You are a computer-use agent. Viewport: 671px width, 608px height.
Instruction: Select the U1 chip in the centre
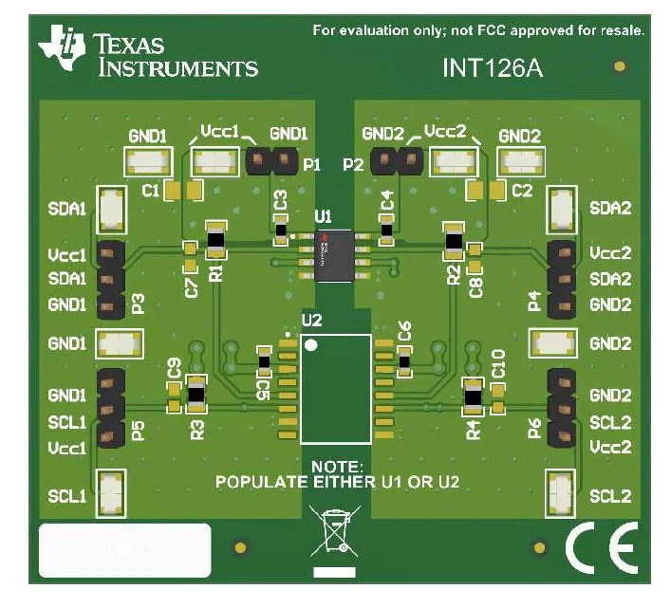point(335,255)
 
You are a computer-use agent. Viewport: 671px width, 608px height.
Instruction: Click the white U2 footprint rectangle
point(335,388)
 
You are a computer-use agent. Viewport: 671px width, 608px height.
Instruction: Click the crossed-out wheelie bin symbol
point(332,532)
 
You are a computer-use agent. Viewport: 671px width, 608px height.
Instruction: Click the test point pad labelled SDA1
point(113,208)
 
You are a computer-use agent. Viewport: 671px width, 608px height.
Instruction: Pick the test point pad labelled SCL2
point(560,495)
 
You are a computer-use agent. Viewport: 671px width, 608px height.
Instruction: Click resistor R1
point(215,242)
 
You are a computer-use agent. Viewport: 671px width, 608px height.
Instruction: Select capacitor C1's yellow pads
point(183,191)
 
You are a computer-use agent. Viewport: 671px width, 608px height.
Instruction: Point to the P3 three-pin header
point(111,280)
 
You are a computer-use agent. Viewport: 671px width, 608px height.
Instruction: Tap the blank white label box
point(124,549)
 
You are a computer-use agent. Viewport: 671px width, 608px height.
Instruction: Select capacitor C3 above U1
point(280,228)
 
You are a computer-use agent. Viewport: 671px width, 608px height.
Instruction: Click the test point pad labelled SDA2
point(560,208)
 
